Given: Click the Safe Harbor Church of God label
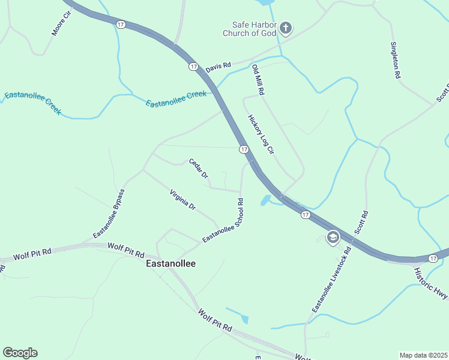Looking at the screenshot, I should (x=250, y=29).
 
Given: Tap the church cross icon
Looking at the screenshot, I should (x=286, y=28).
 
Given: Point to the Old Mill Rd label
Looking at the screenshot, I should (x=258, y=80).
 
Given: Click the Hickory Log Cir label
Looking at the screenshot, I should (x=261, y=136).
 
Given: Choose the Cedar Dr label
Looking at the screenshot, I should (x=198, y=169).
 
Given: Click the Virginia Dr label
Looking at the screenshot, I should (x=182, y=200).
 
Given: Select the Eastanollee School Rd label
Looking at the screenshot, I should (x=223, y=221).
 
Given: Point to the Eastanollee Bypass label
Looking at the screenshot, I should (x=109, y=213).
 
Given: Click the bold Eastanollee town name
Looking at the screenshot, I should (x=171, y=263).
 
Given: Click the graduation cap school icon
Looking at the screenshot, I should (x=333, y=238).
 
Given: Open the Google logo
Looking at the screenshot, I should (x=20, y=353).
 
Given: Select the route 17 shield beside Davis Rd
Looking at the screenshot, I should (x=193, y=67).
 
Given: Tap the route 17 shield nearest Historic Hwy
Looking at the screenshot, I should (x=433, y=258).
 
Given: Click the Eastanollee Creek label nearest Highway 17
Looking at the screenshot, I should (x=176, y=99).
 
